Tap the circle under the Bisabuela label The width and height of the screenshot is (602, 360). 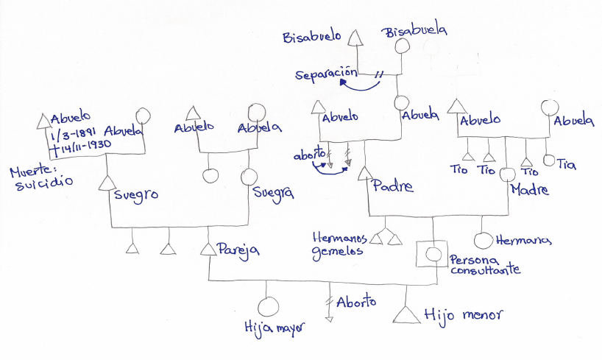(403, 46)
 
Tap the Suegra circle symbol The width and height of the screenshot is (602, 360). (249, 177)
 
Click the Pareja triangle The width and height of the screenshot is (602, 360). (208, 249)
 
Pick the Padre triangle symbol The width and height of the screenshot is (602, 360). (364, 175)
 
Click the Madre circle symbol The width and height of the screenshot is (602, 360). (506, 176)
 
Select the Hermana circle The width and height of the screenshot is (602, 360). (482, 241)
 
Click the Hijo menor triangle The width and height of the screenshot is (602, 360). (406, 314)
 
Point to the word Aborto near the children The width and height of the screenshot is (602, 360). (357, 302)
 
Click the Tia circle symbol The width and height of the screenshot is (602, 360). (548, 160)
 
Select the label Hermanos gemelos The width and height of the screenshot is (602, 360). (339, 244)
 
